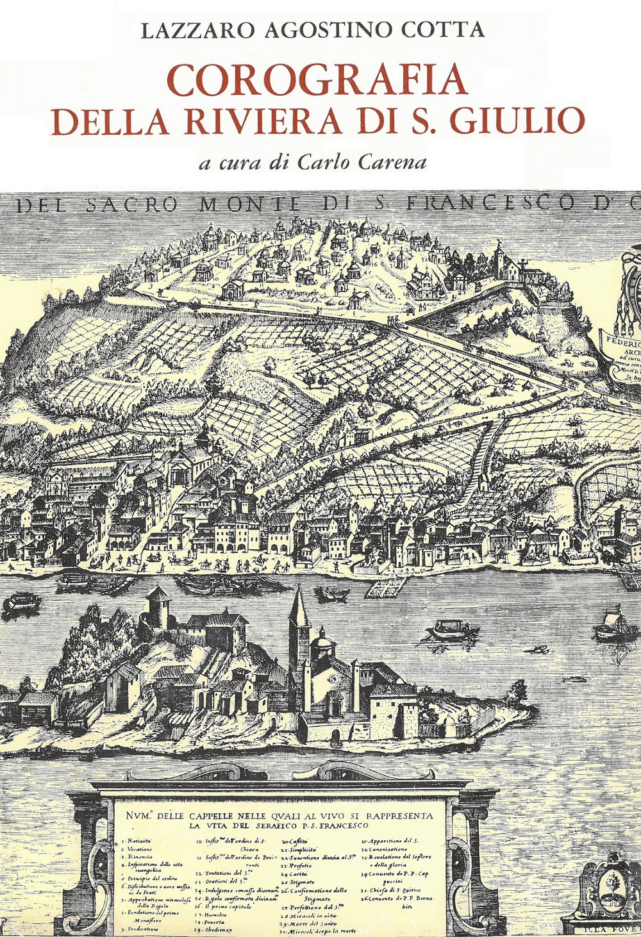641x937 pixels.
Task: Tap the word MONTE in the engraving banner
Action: click(x=250, y=204)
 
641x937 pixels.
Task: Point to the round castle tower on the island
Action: click(x=158, y=606)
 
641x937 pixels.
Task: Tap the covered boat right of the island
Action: click(x=453, y=631)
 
